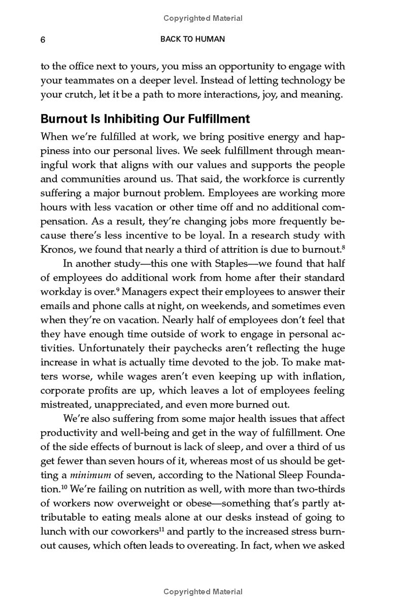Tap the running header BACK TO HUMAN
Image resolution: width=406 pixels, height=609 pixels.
pyautogui.click(x=192, y=40)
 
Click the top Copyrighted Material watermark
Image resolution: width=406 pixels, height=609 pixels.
pyautogui.click(x=203, y=18)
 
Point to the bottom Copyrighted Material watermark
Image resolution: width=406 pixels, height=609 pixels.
pyautogui.click(x=203, y=592)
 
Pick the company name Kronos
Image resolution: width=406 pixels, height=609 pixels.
pyautogui.click(x=56, y=249)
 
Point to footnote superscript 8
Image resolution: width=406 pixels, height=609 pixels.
pyautogui.click(x=343, y=247)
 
